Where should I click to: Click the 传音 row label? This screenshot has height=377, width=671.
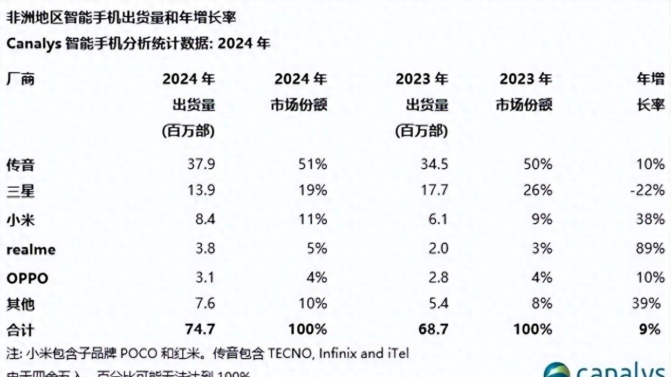pyautogui.click(x=20, y=164)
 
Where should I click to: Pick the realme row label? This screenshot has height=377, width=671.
pyautogui.click(x=31, y=249)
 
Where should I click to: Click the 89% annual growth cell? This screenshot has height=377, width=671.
pyautogui.click(x=650, y=248)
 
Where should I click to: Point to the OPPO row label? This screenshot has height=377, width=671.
pyautogui.click(x=27, y=278)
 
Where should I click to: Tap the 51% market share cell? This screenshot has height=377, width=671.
pyautogui.click(x=312, y=163)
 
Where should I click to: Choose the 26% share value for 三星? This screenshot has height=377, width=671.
pyautogui.click(x=537, y=190)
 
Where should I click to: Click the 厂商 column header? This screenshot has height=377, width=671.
pyautogui.click(x=20, y=79)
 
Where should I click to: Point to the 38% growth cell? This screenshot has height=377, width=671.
pyautogui.click(x=650, y=219)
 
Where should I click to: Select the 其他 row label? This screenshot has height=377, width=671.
pyautogui.click(x=20, y=304)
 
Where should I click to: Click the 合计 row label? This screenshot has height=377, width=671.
pyautogui.click(x=20, y=329)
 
